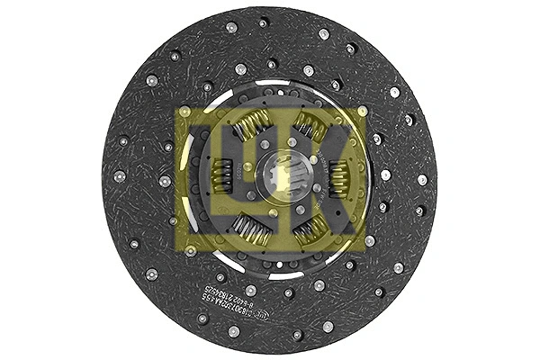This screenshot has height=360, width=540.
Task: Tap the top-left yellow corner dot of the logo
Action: tap(184, 112)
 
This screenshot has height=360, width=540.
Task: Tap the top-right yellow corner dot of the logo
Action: tap(362, 112)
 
